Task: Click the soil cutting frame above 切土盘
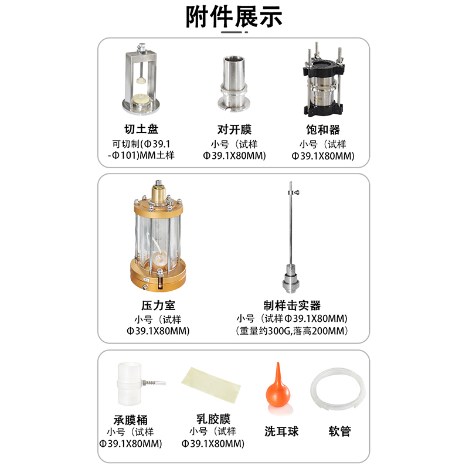(142, 79)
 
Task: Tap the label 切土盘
(141, 129)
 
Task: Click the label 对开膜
(234, 129)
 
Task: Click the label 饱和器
(323, 129)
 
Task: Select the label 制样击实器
(292, 305)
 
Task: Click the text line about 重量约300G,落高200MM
(292, 331)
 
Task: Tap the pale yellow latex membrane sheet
(212, 385)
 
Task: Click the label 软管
(339, 431)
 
